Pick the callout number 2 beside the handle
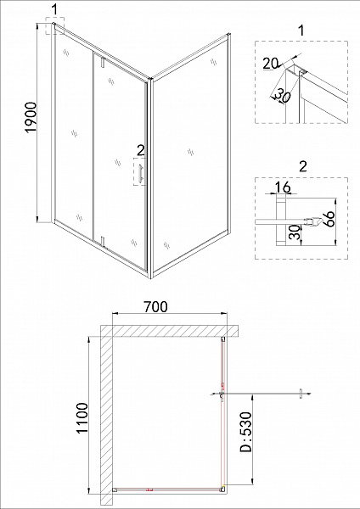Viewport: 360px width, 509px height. [x=140, y=150]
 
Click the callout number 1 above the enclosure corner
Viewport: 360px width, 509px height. [x=55, y=8]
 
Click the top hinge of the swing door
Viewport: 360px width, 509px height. [x=100, y=60]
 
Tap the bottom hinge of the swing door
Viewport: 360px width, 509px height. [x=100, y=242]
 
